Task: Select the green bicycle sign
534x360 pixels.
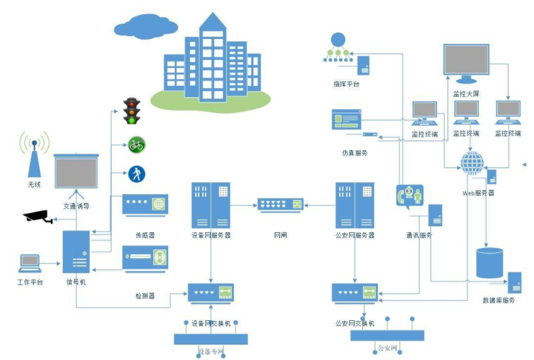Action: click(137, 144)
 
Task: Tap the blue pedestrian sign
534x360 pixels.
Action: click(137, 173)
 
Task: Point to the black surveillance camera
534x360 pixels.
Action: click(38, 216)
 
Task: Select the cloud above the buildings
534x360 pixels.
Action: click(146, 26)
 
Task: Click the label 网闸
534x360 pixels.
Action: click(280, 235)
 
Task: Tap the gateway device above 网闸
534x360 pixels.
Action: click(280, 205)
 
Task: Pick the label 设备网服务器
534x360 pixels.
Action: click(211, 235)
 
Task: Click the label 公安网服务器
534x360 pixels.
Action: click(355, 235)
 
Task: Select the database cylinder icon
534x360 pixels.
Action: click(490, 263)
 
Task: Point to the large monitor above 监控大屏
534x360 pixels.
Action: click(467, 62)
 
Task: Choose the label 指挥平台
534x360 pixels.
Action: click(346, 84)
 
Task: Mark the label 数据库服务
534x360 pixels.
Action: click(498, 300)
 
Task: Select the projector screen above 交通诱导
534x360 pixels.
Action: click(76, 172)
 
